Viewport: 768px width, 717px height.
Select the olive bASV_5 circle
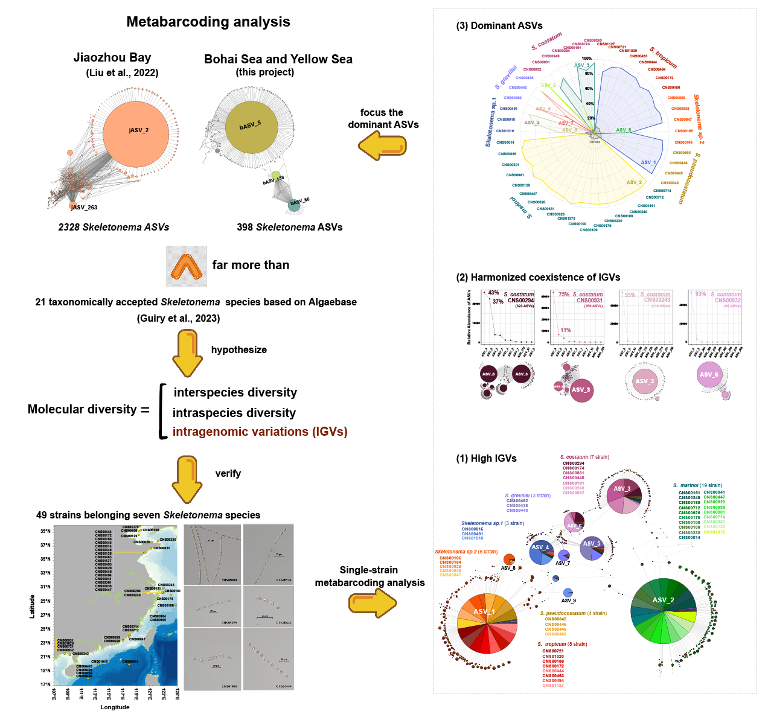251,126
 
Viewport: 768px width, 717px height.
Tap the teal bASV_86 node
294,205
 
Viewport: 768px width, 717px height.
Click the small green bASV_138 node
276,176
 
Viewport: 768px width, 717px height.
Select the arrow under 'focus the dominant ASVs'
382,145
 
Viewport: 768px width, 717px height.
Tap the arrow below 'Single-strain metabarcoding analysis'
373,602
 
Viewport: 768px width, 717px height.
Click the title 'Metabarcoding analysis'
208,22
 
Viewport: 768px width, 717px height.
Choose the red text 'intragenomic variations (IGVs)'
260,432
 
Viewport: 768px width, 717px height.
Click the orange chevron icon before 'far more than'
187,266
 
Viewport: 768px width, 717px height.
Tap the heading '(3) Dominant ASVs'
499,26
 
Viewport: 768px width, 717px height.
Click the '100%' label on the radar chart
586,59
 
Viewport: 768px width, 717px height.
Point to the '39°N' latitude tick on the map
45,531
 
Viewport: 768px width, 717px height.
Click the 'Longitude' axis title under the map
115,707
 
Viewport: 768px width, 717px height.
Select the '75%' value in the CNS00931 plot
564,295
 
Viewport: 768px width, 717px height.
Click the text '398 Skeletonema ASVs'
290,228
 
